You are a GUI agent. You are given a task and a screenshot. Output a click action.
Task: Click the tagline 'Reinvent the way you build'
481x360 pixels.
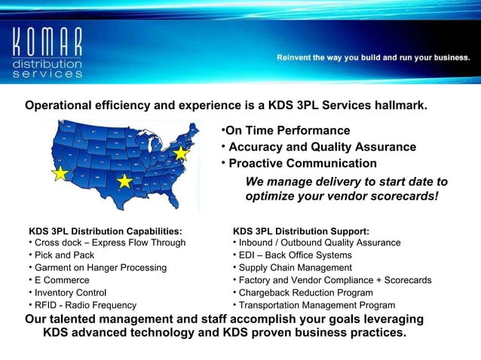(x=373, y=57)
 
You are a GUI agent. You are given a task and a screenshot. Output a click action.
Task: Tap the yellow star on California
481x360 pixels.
(x=60, y=174)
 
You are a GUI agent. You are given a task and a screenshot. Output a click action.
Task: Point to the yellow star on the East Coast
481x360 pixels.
(x=181, y=153)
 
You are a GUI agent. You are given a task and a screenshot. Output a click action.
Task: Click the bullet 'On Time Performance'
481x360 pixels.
(x=286, y=131)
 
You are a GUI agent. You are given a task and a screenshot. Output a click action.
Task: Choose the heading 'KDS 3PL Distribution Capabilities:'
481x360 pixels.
(x=105, y=230)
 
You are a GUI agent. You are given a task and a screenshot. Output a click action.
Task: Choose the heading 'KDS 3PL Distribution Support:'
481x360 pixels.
(x=301, y=230)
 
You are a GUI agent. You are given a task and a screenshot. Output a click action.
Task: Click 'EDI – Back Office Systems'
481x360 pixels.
(x=295, y=255)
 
